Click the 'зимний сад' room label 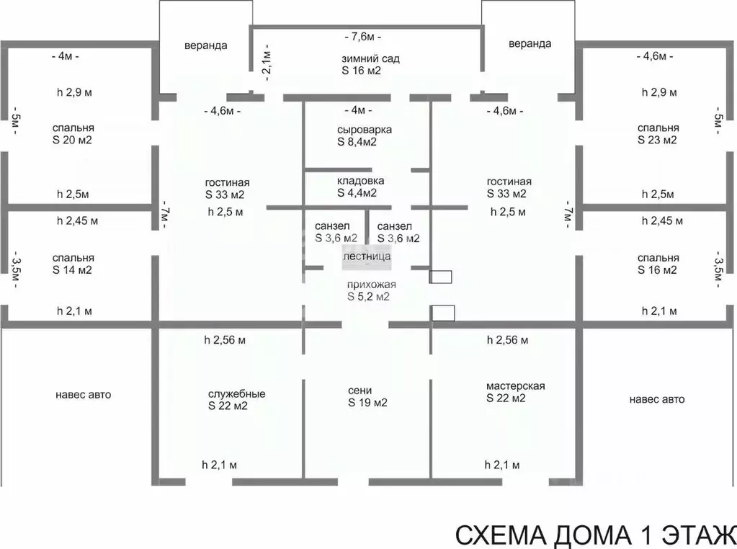coord(370,59)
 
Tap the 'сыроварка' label coord(365,130)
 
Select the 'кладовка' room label coord(360,181)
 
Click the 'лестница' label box coord(367,256)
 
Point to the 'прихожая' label coord(371,285)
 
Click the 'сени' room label coord(360,390)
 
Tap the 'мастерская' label coord(516,386)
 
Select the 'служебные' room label coord(237,394)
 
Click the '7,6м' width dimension coord(363,37)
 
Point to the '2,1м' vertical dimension coord(267,63)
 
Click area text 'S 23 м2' coord(657,140)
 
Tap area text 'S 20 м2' coord(72,140)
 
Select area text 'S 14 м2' coord(72,269)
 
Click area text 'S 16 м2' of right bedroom coord(657,269)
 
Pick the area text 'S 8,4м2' coord(357,142)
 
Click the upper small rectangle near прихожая coord(440,277)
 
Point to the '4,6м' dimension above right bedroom coord(655,56)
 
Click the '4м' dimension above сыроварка coord(358,110)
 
